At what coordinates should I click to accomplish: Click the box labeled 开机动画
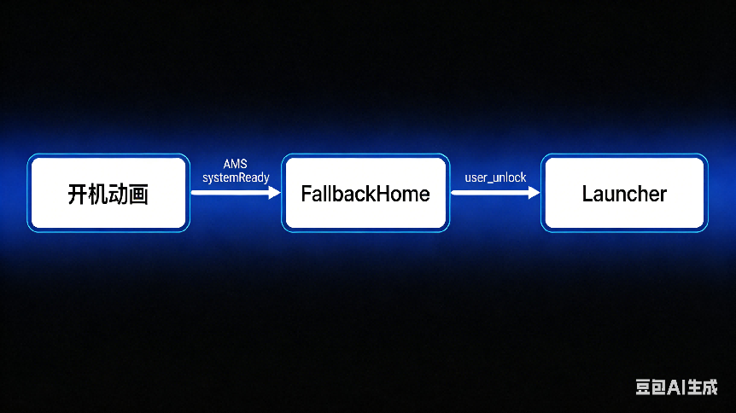click(108, 193)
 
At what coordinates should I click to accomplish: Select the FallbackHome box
click(365, 193)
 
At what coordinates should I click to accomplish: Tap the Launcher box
click(624, 193)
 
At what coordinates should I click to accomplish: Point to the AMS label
click(235, 164)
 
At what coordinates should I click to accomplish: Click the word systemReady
click(236, 177)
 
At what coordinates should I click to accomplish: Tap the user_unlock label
click(495, 177)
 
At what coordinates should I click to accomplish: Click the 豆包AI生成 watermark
click(675, 387)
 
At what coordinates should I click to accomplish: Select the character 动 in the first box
click(119, 194)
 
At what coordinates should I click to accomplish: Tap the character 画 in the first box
click(139, 194)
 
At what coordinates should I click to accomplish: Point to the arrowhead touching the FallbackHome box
click(274, 193)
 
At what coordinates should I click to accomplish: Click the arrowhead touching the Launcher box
click(534, 193)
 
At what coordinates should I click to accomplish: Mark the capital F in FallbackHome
click(306, 194)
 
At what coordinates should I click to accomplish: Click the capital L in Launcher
click(587, 194)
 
